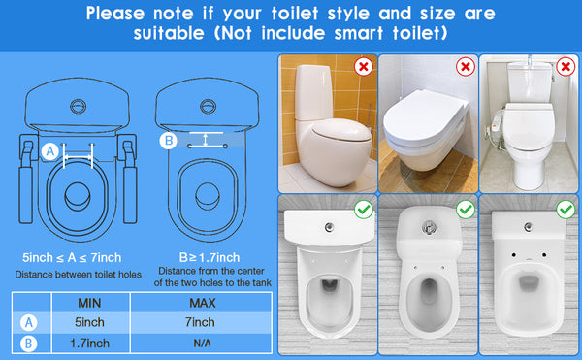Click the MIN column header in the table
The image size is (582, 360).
click(89, 303)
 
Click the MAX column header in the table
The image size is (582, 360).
click(203, 303)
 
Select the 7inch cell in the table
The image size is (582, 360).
click(200, 322)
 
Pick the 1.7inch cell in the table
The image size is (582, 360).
click(90, 344)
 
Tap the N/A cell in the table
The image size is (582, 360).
click(203, 344)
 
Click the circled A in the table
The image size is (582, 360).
click(29, 323)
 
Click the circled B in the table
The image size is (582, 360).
click(29, 344)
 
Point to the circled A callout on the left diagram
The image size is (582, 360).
click(50, 151)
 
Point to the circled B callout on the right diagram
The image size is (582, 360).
click(168, 141)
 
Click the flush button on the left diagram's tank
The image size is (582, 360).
click(78, 107)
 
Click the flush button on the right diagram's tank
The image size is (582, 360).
click(208, 107)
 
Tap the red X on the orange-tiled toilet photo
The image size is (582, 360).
click(364, 67)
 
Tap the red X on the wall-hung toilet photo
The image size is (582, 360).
click(465, 67)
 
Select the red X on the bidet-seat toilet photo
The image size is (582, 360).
click(566, 67)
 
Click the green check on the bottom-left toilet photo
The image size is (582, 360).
click(364, 210)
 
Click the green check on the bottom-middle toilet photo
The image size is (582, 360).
click(466, 210)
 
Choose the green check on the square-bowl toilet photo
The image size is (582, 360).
click(566, 210)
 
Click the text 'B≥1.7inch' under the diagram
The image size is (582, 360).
click(210, 257)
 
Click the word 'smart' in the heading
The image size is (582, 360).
click(359, 33)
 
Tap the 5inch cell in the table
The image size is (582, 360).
click(89, 322)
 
